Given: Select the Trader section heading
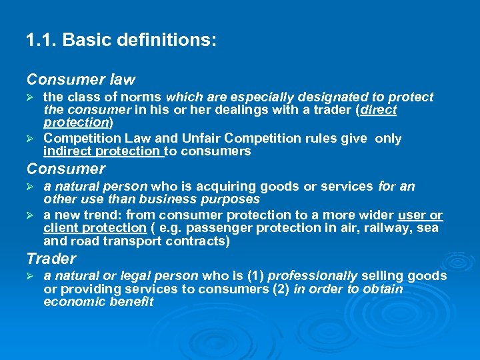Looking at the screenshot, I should pos(51,259).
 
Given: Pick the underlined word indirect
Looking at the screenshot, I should pos(67,151).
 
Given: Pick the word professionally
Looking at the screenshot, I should pos(317,276).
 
